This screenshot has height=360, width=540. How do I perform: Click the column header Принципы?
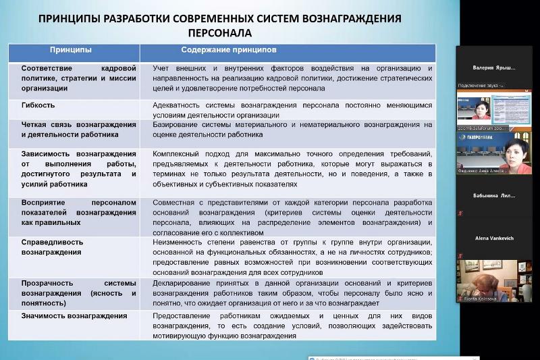pyautogui.click(x=71, y=50)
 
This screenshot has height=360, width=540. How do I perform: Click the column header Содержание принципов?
pyautogui.click(x=229, y=50)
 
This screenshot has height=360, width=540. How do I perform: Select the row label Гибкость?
pyautogui.click(x=38, y=105)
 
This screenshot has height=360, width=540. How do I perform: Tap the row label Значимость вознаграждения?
pyautogui.click(x=74, y=315)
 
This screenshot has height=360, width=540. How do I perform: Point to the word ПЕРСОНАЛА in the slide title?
pyautogui.click(x=218, y=32)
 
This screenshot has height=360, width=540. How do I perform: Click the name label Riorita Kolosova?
pyautogui.click(x=480, y=298)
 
